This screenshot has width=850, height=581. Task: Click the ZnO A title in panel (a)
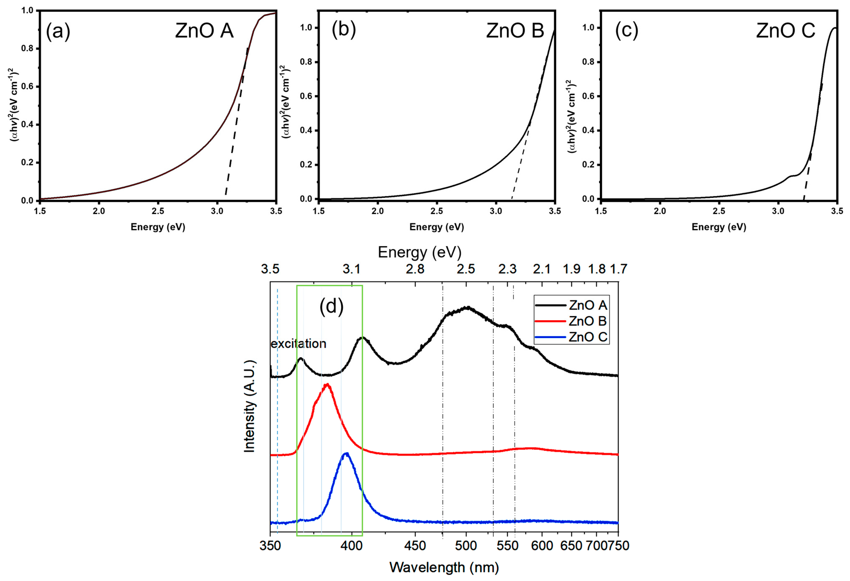click(x=204, y=31)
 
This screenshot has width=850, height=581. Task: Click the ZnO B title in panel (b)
click(x=515, y=31)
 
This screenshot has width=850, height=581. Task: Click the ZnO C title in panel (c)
click(x=786, y=31)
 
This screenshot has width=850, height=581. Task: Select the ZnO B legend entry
click(x=587, y=321)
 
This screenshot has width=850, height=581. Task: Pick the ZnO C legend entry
click(x=587, y=337)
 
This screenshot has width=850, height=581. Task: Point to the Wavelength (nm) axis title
click(x=444, y=567)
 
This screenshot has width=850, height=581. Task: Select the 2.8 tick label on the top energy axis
click(x=415, y=269)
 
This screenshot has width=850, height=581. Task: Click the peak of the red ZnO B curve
click(x=327, y=384)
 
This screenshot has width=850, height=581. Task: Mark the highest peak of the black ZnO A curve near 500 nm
click(x=467, y=307)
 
